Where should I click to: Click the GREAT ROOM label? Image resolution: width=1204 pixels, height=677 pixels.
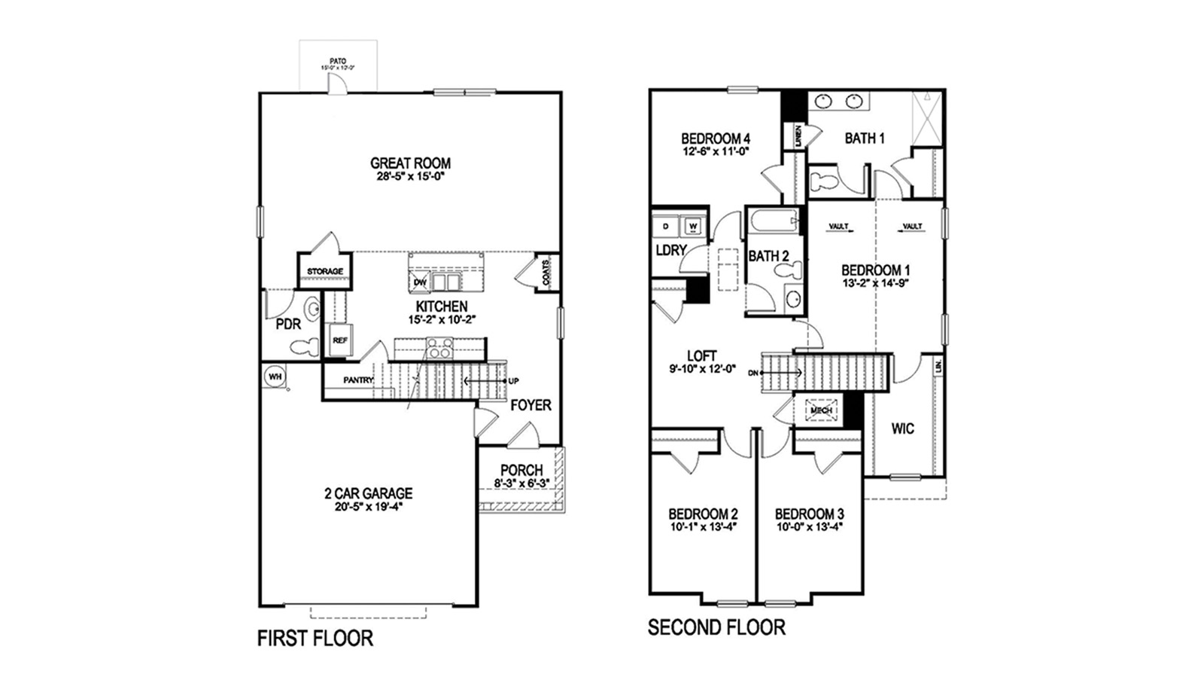pyautogui.click(x=410, y=163)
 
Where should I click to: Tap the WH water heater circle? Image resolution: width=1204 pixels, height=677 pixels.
pyautogui.click(x=275, y=376)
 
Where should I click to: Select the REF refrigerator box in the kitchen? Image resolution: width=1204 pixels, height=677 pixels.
pyautogui.click(x=340, y=340)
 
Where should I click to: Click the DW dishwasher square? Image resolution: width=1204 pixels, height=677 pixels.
pyautogui.click(x=420, y=282)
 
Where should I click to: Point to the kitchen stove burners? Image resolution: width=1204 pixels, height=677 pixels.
pyautogui.click(x=439, y=347)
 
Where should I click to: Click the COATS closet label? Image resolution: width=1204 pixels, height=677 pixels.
pyautogui.click(x=546, y=271)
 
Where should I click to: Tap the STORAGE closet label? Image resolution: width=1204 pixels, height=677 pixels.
pyautogui.click(x=324, y=271)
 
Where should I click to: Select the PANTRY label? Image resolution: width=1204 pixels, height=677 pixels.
pyautogui.click(x=358, y=380)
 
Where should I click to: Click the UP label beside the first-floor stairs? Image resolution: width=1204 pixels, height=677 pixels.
pyautogui.click(x=513, y=381)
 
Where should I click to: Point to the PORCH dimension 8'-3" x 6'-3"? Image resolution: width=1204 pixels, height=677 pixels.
pyautogui.click(x=521, y=483)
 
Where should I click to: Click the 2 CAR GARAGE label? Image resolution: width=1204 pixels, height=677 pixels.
pyautogui.click(x=368, y=493)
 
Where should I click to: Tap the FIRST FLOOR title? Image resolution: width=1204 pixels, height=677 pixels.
pyautogui.click(x=315, y=638)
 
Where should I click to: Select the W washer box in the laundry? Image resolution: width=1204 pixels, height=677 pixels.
pyautogui.click(x=693, y=226)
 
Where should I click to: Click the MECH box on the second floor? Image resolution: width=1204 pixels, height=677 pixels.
pyautogui.click(x=821, y=410)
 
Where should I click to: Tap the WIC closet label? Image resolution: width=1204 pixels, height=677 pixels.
pyautogui.click(x=902, y=428)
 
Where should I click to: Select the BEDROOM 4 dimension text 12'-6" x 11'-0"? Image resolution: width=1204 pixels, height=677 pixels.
pyautogui.click(x=715, y=151)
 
